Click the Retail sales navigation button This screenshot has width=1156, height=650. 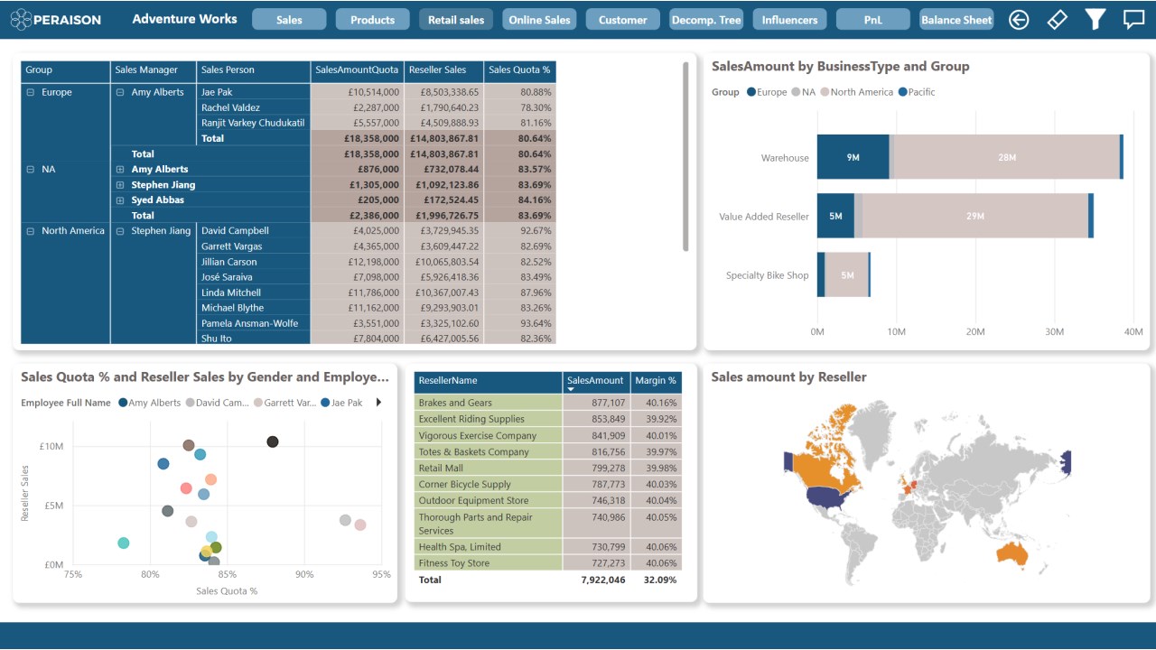point(456,20)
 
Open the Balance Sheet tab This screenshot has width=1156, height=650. point(956,20)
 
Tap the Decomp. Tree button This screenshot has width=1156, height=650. point(705,20)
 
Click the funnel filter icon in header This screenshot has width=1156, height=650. point(1095,19)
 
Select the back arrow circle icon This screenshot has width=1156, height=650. point(1019,20)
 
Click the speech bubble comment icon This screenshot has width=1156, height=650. point(1133,19)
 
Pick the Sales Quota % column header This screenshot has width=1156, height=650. point(519,70)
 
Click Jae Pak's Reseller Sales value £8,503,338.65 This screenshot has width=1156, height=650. point(443,92)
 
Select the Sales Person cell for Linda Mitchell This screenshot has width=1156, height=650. point(231,292)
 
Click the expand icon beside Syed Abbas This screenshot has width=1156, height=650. point(120,200)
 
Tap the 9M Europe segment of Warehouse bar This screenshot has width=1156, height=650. point(853,158)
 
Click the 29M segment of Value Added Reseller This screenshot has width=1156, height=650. point(974,216)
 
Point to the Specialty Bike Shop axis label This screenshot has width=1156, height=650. point(767,275)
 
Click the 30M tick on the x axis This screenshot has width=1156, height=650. point(1054,332)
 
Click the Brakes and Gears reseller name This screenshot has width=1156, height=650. point(455,403)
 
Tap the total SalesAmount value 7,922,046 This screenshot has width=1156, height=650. point(602,580)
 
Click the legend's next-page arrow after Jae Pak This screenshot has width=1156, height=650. point(378,403)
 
